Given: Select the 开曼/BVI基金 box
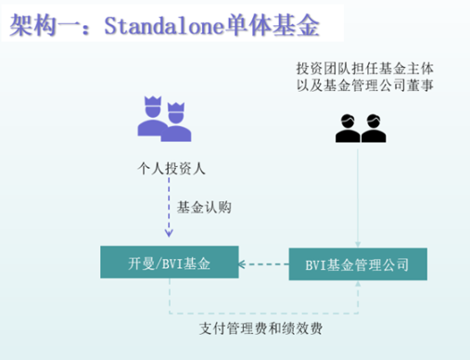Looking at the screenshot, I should pos(169,265).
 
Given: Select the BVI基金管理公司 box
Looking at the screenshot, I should pos(357,265).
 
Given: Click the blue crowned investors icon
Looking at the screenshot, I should pos(164,119).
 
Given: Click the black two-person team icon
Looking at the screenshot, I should pos(359,128).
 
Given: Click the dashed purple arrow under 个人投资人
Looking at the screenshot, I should pos(168,213).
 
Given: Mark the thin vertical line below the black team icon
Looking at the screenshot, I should pos(358,195).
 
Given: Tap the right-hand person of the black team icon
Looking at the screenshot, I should pos(373,128).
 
